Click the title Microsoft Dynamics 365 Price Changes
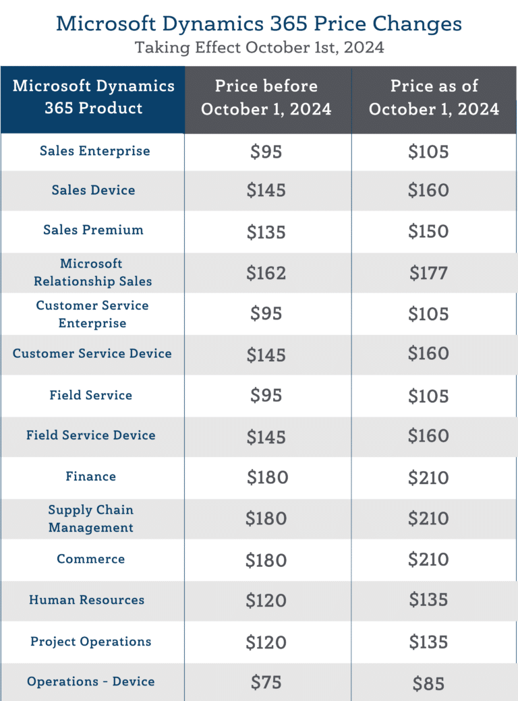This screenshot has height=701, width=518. (x=259, y=24)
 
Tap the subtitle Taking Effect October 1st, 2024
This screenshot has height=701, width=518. (x=259, y=48)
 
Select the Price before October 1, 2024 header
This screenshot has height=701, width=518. (x=266, y=98)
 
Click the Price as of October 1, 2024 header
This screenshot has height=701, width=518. (x=434, y=98)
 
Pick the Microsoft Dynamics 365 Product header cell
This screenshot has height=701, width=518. (x=93, y=98)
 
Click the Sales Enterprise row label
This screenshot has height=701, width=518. (x=94, y=151)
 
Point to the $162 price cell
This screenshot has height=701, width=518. (x=266, y=273)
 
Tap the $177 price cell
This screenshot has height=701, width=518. (x=428, y=273)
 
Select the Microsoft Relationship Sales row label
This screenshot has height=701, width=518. (x=93, y=272)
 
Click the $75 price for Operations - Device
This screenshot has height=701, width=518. (x=266, y=683)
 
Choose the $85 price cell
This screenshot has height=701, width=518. (x=428, y=683)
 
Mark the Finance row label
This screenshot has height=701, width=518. (x=91, y=477)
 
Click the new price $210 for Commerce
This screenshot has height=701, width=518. (x=428, y=560)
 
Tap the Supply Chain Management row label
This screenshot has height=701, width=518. (x=91, y=519)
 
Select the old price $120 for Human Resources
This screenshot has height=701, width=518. (x=266, y=601)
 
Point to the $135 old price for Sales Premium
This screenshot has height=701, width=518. (x=266, y=232)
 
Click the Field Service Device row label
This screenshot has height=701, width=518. (x=91, y=435)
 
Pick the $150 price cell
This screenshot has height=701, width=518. (x=428, y=232)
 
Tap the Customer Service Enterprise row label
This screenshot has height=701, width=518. (x=92, y=314)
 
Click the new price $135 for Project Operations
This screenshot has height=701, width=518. (x=428, y=642)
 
